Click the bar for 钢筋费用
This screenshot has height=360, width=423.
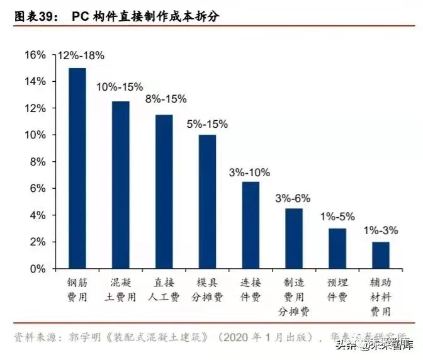77,168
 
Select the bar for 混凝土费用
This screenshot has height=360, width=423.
120,184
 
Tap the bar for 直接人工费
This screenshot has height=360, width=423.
164,191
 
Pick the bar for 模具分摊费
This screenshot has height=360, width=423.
207,201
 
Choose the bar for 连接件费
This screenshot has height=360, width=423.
251,225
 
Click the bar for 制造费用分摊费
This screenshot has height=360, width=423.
294,238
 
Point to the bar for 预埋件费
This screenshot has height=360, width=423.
337,248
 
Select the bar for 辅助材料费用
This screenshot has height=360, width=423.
381,255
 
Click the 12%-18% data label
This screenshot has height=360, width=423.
81,56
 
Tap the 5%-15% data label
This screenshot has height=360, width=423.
207,123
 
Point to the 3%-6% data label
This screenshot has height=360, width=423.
293,198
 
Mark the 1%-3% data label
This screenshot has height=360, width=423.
381,231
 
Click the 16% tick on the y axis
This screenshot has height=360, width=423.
35,55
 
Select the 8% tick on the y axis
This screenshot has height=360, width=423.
38,162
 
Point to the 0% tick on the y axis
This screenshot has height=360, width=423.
38,269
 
